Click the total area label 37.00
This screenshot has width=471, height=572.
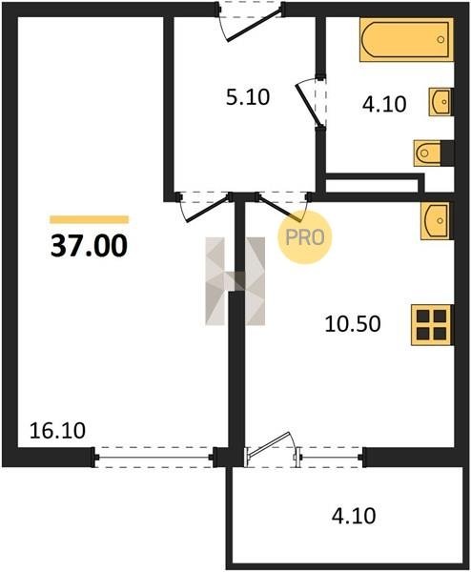coord(89,246)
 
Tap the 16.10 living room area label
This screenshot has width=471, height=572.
coord(57,431)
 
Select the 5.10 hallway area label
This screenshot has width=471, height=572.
coord(248,97)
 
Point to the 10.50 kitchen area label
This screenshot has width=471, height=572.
coord(353,323)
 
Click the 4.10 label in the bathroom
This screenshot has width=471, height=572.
coord(384,104)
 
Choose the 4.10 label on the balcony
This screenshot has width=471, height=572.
coord(354,516)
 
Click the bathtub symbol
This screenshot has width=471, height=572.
coord(406,39)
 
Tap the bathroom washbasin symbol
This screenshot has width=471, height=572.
coord(440,102)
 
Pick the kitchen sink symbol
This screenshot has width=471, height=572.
coord(437,221)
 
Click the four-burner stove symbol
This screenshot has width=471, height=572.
coord(432,325)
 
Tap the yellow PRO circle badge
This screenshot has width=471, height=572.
coord(305,237)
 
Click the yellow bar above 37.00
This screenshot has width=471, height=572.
coord(90,219)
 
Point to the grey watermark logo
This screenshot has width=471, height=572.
coord(235,281)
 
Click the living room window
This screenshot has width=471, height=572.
coord(154,457)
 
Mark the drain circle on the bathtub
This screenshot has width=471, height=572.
coord(440,39)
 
